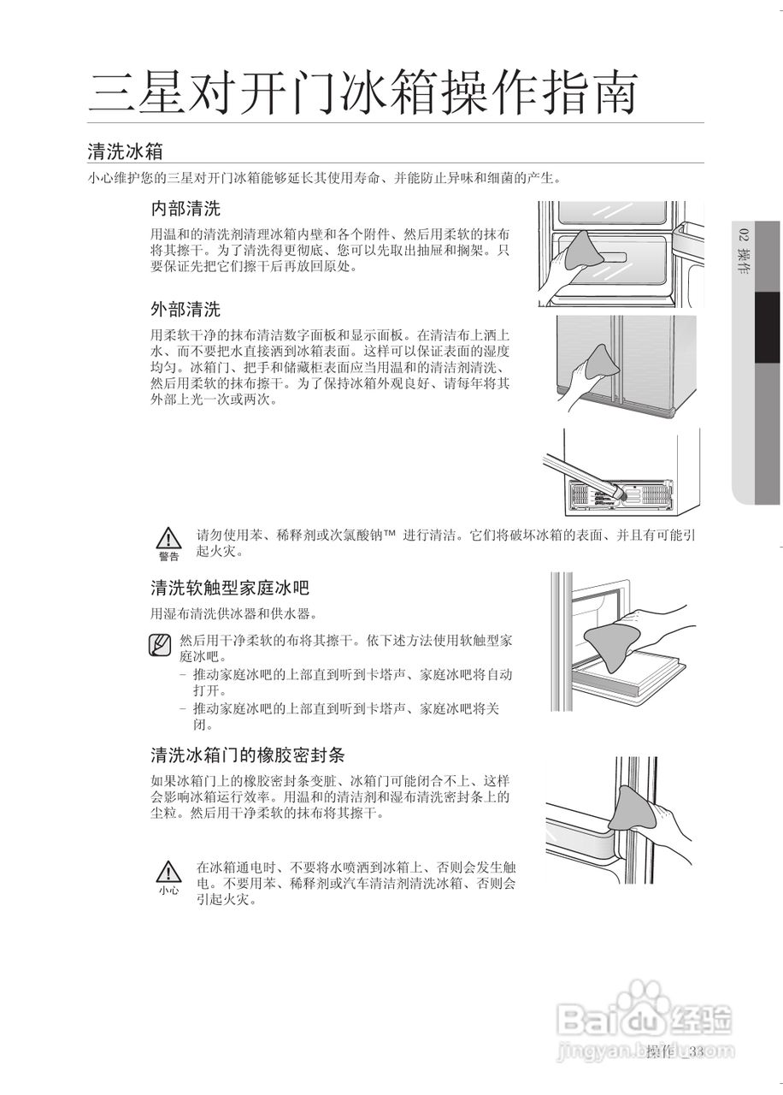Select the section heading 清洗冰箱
click(125, 151)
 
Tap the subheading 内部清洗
click(185, 209)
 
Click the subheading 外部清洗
click(185, 309)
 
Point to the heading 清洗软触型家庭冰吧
click(229, 588)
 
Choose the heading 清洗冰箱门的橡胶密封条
click(247, 755)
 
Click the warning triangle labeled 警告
click(169, 539)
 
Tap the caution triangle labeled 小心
click(169, 872)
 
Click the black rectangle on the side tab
click(768, 328)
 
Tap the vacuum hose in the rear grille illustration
click(582, 469)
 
